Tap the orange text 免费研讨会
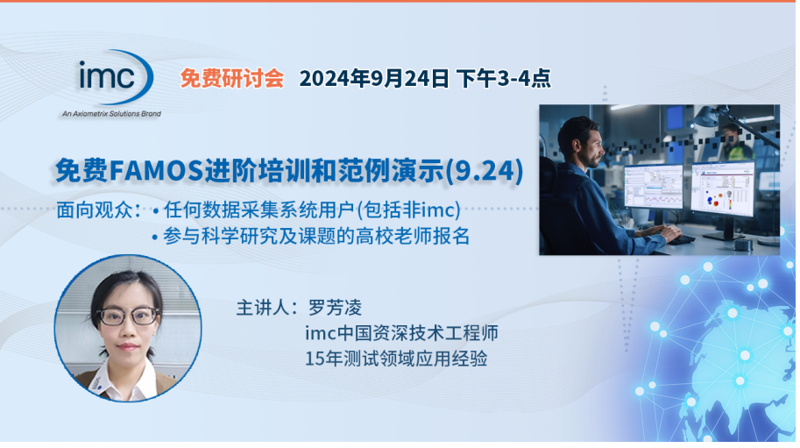click(x=232, y=78)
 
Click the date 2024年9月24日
click(x=374, y=78)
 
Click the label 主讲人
click(x=268, y=309)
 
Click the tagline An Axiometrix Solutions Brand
click(x=110, y=114)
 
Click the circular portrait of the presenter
click(x=128, y=329)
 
